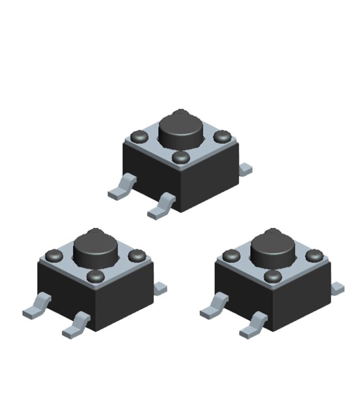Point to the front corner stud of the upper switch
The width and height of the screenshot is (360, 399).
(181, 157)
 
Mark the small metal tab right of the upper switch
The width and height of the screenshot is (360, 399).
(246, 169)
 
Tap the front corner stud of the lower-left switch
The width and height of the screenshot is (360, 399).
(95, 276)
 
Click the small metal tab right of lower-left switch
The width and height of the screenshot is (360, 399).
(160, 288)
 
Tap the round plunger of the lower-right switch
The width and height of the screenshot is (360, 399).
(272, 249)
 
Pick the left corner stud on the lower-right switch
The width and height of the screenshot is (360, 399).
(232, 257)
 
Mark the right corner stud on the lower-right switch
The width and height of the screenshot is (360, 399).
(314, 256)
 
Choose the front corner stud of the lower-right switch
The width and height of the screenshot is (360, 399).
(273, 276)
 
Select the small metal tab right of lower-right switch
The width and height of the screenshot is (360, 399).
(338, 288)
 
